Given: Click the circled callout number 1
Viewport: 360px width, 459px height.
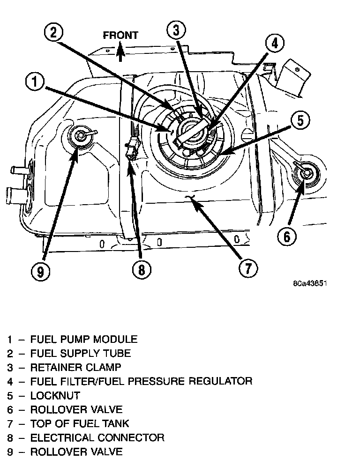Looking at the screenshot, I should coord(35,83).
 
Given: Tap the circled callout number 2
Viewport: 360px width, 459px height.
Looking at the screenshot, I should coord(53,32).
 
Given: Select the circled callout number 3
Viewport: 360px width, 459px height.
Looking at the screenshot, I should coord(176,31).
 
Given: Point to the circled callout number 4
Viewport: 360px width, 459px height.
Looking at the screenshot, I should coord(274,44).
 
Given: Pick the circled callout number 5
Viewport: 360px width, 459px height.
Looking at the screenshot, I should coord(300,121).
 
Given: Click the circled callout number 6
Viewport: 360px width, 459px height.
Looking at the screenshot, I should coord(287,236).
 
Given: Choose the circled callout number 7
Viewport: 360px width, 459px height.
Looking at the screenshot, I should coord(247,268).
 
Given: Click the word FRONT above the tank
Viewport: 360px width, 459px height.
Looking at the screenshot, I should coord(120,35).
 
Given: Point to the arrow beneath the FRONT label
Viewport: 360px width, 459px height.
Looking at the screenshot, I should coord(120,51).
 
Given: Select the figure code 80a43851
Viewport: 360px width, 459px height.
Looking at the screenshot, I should coord(310,284).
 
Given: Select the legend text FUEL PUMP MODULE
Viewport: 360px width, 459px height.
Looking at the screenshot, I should coord(84,339).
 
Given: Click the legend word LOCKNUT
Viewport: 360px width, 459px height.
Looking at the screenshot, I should coord(55,395).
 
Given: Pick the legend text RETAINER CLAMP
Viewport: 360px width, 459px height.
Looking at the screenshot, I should coord(75,367).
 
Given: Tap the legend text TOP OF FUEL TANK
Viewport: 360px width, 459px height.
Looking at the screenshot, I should coord(80,423).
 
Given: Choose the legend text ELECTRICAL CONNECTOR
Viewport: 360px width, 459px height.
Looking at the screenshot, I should coord(97,437).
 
